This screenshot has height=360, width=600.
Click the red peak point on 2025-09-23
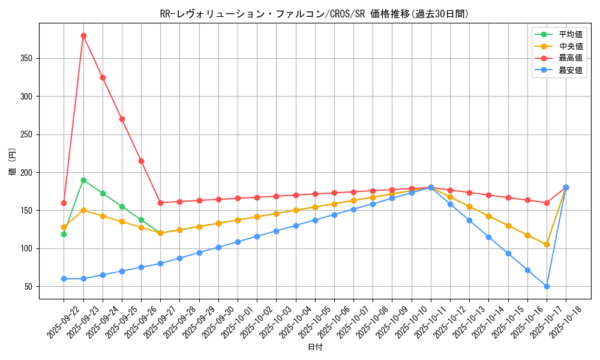coord(83,35)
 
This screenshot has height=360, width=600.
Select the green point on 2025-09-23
coord(83,180)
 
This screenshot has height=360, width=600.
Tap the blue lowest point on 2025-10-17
coord(547,286)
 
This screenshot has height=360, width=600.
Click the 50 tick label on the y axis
coord(30,286)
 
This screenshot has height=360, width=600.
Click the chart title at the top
coord(314,14)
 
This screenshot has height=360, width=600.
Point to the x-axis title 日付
coord(314,347)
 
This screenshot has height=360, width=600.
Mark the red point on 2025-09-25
coord(122,119)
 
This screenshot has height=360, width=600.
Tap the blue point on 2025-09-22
coord(64,278)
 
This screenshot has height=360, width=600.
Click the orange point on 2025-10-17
coord(547,244)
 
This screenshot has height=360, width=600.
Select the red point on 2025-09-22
coord(64,203)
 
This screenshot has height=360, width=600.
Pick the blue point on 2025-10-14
coord(488,237)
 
